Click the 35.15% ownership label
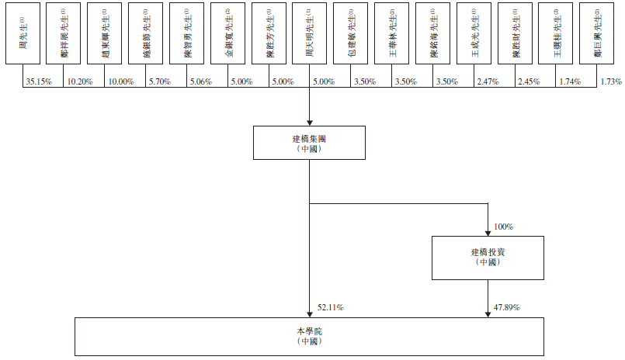pyautogui.click(x=39, y=81)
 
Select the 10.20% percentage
pyautogui.click(x=80, y=81)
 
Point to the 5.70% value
pyautogui.click(x=161, y=81)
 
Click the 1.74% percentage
pyautogui.click(x=572, y=81)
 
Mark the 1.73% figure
pyautogui.click(x=611, y=81)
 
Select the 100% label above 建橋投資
pyautogui.click(x=503, y=227)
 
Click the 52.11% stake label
pyautogui.click(x=331, y=308)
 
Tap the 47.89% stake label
pyautogui.click(x=506, y=308)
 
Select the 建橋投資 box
pyautogui.click(x=487, y=258)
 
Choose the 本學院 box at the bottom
pyautogui.click(x=309, y=336)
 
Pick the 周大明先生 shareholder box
pyautogui.click(x=310, y=36)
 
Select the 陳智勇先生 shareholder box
pyautogui.click(x=186, y=36)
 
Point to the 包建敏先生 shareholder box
pyautogui.click(x=350, y=36)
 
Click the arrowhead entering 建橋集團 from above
pyautogui.click(x=309, y=120)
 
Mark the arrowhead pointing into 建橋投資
pyautogui.click(x=487, y=234)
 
